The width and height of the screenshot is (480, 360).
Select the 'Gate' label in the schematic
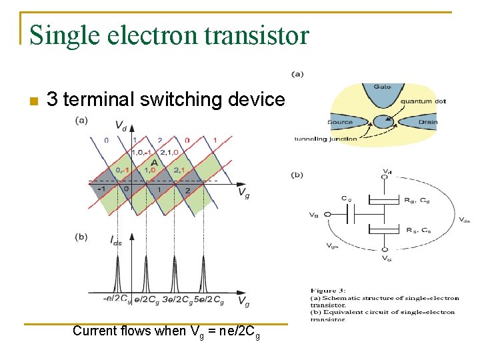[382, 87]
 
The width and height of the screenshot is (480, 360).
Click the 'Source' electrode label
[340, 122]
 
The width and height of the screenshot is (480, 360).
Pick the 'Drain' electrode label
[428, 122]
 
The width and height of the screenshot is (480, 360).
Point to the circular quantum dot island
[382, 122]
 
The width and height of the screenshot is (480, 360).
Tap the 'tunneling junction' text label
[326, 139]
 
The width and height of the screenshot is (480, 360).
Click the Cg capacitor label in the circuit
[347, 198]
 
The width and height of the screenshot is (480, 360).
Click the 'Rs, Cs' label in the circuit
[419, 231]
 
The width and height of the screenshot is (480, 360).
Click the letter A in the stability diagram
[153, 162]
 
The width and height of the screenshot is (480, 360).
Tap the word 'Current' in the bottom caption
[93, 331]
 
